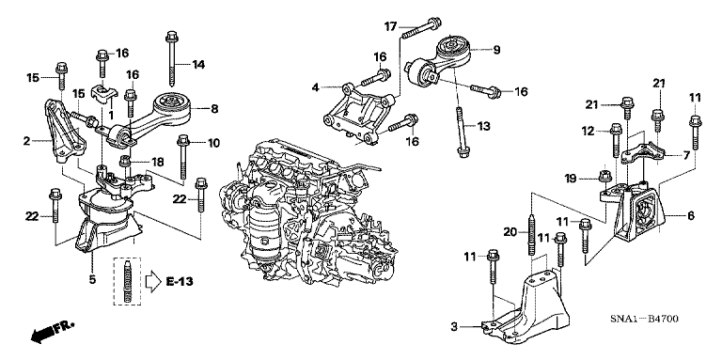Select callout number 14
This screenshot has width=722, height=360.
pos(198,64)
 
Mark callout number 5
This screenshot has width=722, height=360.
pos(92,278)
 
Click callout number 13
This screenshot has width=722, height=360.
pos(485,126)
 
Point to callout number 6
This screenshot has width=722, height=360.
pos(690,215)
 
